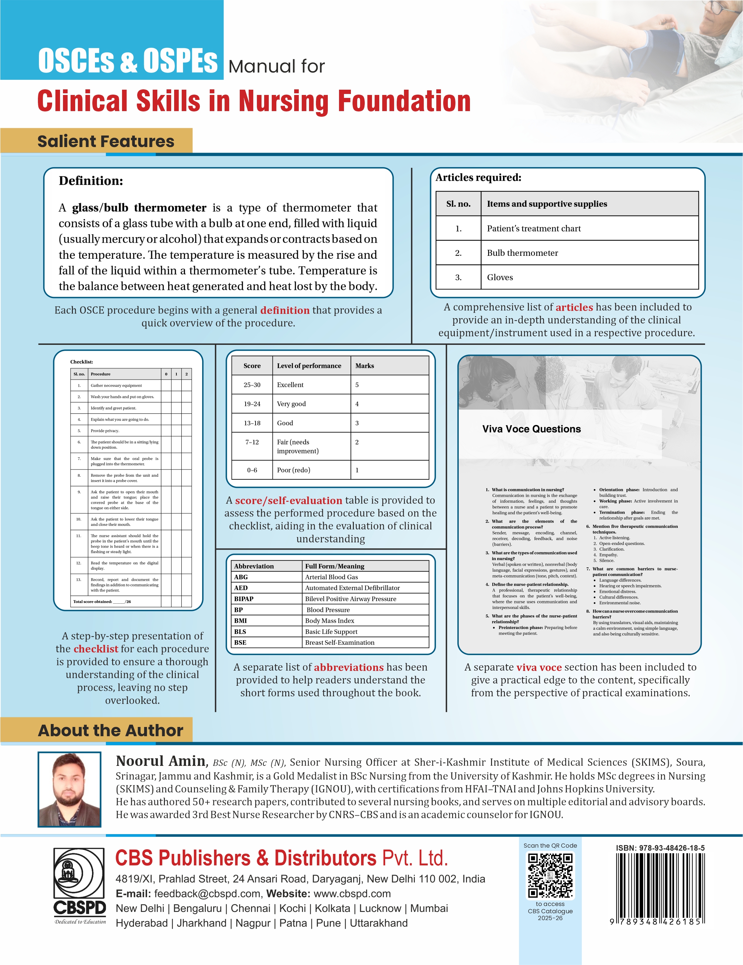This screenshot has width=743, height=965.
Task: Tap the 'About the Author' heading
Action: (110, 730)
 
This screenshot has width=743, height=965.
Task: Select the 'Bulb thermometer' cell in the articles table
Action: (522, 253)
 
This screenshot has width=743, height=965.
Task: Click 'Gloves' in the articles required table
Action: (500, 278)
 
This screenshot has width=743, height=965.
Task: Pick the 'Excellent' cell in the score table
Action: (291, 385)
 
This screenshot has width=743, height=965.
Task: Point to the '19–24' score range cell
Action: (252, 404)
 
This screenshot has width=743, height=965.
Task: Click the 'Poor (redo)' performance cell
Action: (294, 470)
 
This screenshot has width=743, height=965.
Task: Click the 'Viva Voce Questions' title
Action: (531, 429)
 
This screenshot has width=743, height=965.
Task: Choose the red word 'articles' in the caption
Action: (574, 307)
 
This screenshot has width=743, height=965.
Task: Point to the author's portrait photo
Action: (69, 790)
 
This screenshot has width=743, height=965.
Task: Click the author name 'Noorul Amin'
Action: (161, 761)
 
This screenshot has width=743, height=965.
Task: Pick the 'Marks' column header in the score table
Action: (365, 366)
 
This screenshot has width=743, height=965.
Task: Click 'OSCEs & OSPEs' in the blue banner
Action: (128, 61)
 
